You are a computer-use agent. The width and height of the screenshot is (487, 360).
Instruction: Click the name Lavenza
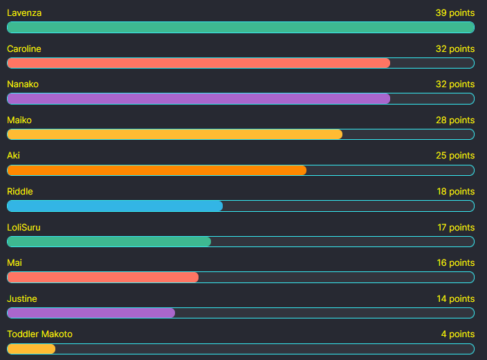coord(24,13)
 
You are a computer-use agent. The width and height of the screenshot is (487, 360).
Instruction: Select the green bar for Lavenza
coord(240,28)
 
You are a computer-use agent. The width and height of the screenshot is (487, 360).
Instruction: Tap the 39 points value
coord(454,13)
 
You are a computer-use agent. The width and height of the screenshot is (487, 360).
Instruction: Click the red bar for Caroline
coord(199,63)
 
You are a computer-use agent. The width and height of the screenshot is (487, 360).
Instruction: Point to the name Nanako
coord(23,84)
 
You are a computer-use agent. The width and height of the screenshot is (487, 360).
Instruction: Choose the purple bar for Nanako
coord(199,98)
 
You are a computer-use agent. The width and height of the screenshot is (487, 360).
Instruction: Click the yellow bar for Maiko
coord(174,134)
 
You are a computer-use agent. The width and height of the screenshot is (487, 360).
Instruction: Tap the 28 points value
coord(454,120)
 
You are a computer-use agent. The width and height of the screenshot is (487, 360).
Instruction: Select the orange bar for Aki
coord(156,170)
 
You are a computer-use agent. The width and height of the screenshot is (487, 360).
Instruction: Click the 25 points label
coord(454,156)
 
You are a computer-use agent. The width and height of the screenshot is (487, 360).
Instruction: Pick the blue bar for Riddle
coord(115,206)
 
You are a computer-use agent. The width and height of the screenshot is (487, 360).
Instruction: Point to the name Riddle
coord(20,192)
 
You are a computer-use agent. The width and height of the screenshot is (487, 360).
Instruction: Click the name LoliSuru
coord(24,228)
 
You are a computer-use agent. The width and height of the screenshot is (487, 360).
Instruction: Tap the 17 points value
coord(455,228)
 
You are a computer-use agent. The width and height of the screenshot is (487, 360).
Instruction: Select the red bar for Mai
coord(102,278)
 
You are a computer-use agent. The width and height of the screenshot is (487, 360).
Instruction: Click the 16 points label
coord(455,263)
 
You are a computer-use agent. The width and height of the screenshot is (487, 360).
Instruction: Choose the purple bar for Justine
coord(91,313)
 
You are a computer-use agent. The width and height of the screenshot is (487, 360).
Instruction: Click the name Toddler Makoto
coord(39,334)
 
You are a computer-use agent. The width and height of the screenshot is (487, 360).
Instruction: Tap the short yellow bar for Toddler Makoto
coord(31,349)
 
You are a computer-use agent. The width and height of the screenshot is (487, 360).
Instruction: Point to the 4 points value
coord(457,334)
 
